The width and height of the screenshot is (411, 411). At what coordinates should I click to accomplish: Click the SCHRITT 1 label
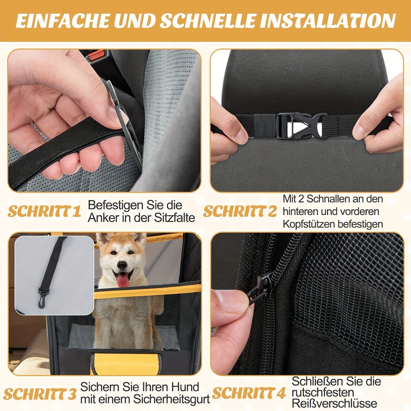coord(44,211)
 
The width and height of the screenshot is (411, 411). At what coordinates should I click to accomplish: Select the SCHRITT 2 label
coord(240,211)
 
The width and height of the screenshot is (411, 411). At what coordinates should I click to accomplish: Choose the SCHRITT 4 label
coord(249,393)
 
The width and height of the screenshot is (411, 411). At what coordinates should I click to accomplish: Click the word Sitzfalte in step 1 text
coord(174,218)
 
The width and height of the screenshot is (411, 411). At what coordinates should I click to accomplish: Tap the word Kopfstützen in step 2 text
coord(309,224)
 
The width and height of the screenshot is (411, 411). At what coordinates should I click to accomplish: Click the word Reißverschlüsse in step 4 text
coord(334,403)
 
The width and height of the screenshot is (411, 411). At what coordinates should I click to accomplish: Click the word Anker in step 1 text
coord(100,218)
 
